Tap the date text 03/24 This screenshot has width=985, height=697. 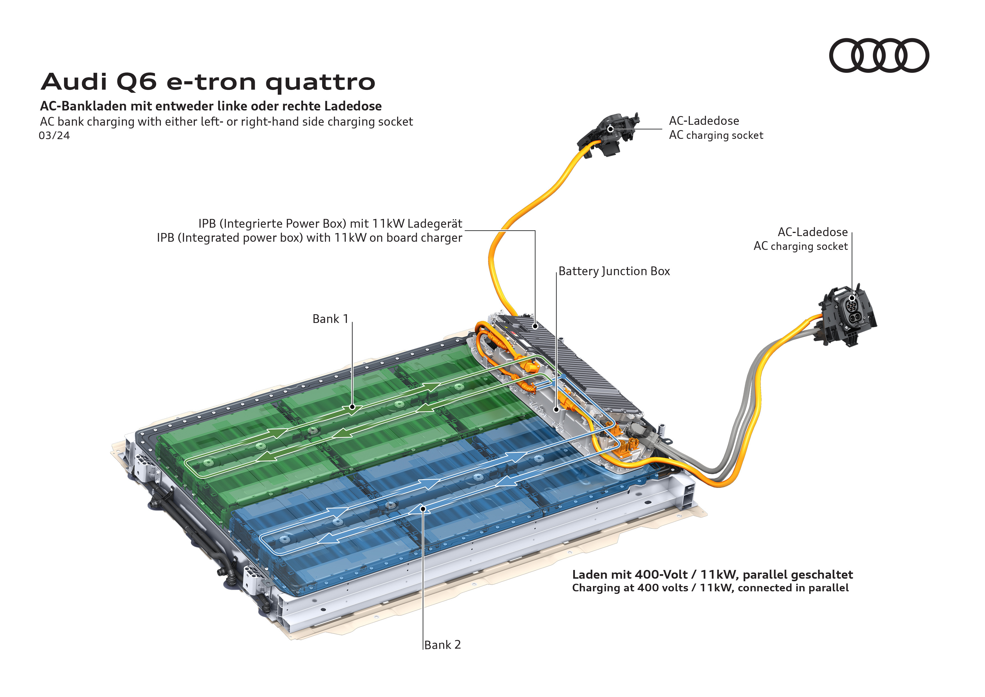[x=54, y=136]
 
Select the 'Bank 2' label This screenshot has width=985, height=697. [x=442, y=645]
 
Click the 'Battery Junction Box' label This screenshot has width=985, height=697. [x=614, y=271]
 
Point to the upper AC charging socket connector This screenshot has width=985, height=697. [x=608, y=132]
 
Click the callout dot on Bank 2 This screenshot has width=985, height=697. [x=423, y=509]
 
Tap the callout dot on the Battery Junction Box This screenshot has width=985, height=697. [x=556, y=409]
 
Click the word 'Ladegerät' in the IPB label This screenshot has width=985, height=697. [x=435, y=224]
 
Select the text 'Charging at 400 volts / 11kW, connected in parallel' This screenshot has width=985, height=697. [x=710, y=588]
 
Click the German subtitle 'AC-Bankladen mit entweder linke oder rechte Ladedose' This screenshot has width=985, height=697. [x=211, y=106]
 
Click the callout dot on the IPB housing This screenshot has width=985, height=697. [x=535, y=327]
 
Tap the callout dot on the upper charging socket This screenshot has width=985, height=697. [x=610, y=129]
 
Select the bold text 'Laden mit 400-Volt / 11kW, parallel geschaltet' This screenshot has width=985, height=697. [x=712, y=575]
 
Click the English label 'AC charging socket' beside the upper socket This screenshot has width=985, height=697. [x=716, y=135]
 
